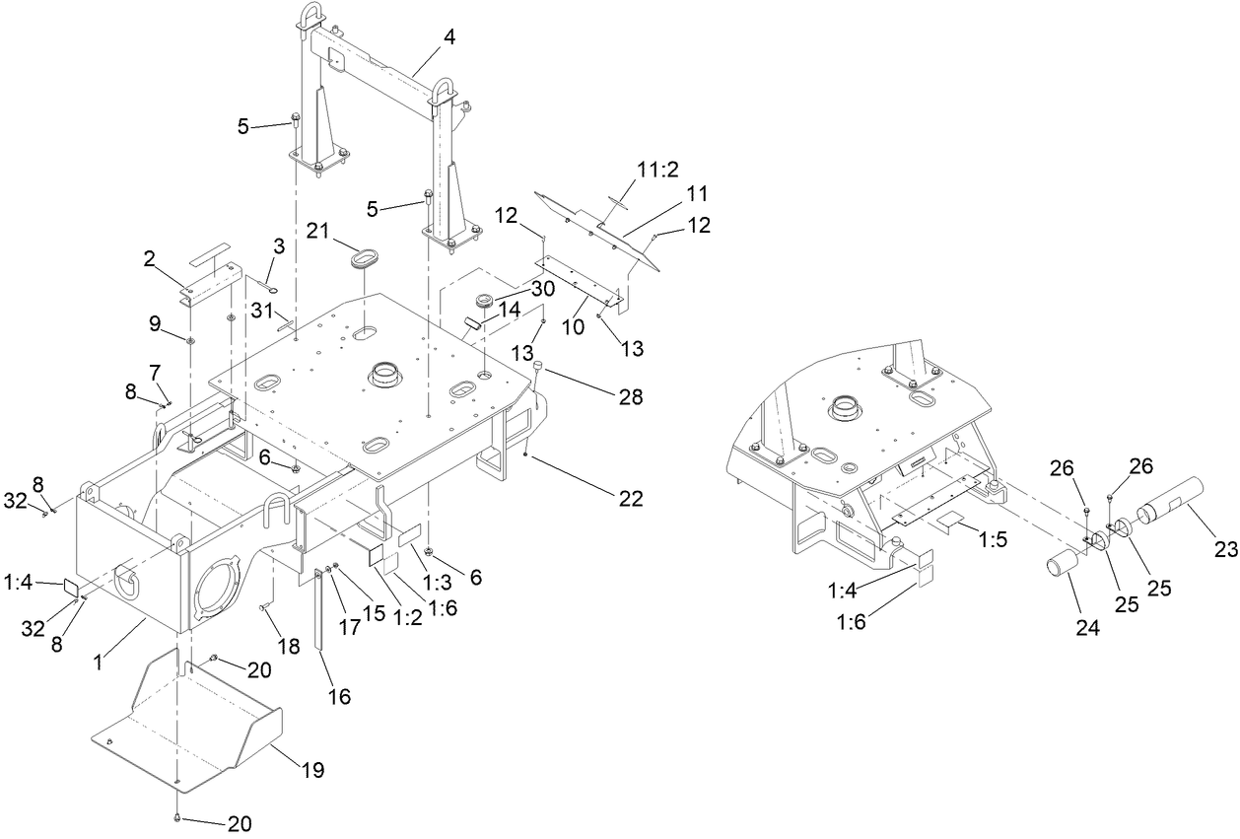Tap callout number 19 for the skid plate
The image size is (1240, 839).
tap(312, 770)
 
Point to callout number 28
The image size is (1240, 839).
tap(631, 397)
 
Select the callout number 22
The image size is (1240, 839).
tap(631, 500)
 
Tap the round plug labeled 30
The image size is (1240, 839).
tap(484, 302)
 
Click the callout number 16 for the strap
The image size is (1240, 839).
tap(340, 696)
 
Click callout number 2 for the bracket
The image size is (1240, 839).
tap(150, 259)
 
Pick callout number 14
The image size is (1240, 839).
tap(510, 309)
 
